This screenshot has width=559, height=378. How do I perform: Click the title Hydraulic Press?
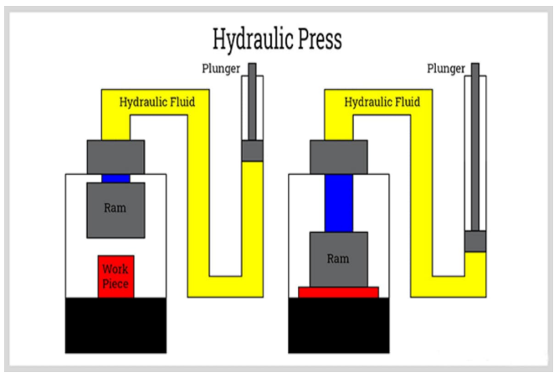click(x=277, y=39)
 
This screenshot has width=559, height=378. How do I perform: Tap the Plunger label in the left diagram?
click(x=220, y=68)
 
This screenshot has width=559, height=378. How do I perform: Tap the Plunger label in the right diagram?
click(x=444, y=68)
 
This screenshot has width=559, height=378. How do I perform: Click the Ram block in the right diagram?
click(x=338, y=260)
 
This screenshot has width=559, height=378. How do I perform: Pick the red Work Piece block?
click(x=115, y=277)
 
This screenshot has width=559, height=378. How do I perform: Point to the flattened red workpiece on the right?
click(x=338, y=293)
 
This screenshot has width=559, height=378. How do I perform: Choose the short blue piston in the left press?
click(x=115, y=178)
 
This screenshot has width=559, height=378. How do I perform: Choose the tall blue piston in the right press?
click(x=338, y=203)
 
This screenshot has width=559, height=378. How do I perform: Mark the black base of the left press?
click(x=115, y=325)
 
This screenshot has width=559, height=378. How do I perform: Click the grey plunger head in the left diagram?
click(x=252, y=150)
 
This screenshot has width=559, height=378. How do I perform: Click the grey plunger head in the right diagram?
click(x=475, y=241)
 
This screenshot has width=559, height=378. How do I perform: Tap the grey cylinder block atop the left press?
click(x=115, y=157)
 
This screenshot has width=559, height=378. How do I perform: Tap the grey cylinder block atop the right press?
click(x=338, y=157)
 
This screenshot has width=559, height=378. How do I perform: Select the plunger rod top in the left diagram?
click(x=252, y=68)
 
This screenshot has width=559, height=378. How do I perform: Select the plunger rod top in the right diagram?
click(x=475, y=68)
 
